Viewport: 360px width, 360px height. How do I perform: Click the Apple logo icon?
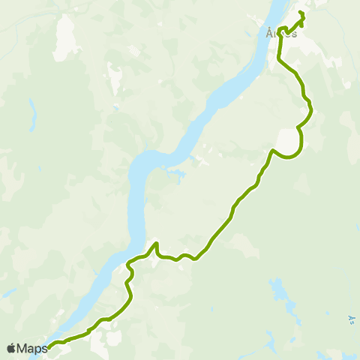(10, 348)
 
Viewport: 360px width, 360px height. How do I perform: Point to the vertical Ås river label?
(351, 320)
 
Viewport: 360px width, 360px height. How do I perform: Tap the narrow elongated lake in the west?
(33, 115)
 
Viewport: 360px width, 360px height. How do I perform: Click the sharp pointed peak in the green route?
(156, 243)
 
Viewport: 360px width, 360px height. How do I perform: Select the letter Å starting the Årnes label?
(270, 34)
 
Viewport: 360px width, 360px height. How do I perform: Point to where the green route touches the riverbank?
(129, 262)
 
